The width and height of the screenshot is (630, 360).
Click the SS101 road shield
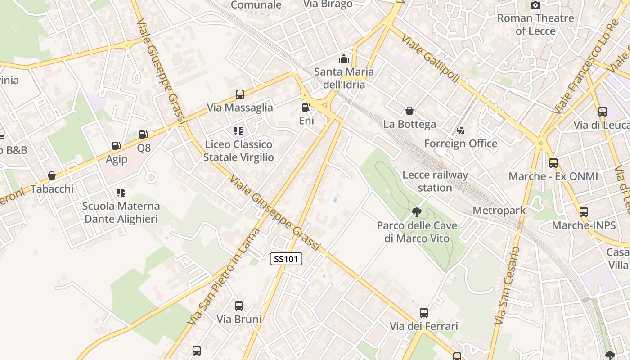pos(286,259)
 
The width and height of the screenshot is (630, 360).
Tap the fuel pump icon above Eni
pos(306,107)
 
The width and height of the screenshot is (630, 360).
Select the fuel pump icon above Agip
pos(116,146)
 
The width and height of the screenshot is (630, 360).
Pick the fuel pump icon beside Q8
pos(143,134)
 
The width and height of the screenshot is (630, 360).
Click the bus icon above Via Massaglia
pos(240,94)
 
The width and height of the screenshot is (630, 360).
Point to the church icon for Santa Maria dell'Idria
pos(344,58)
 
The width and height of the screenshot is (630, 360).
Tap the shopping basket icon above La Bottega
pos(409,111)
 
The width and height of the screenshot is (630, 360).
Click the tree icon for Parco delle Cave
pos(417,212)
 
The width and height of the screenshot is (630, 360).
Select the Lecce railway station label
pos(435,181)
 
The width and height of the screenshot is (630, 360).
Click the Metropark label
pos(499,210)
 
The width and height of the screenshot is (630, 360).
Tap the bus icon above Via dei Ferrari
pos(423,313)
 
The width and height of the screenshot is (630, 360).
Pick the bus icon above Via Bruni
pos(239,306)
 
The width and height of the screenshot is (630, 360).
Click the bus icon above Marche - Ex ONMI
pos(553,163)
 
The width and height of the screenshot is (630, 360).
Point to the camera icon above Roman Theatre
pos(535,5)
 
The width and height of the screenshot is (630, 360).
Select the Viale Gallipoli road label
pos(431,58)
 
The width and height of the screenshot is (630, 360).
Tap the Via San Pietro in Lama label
pos(225,277)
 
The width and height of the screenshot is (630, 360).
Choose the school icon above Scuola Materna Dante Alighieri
pos(121,193)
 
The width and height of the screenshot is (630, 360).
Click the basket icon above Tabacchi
pos(52,175)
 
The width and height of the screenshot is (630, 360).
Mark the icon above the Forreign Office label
pos(460,130)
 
